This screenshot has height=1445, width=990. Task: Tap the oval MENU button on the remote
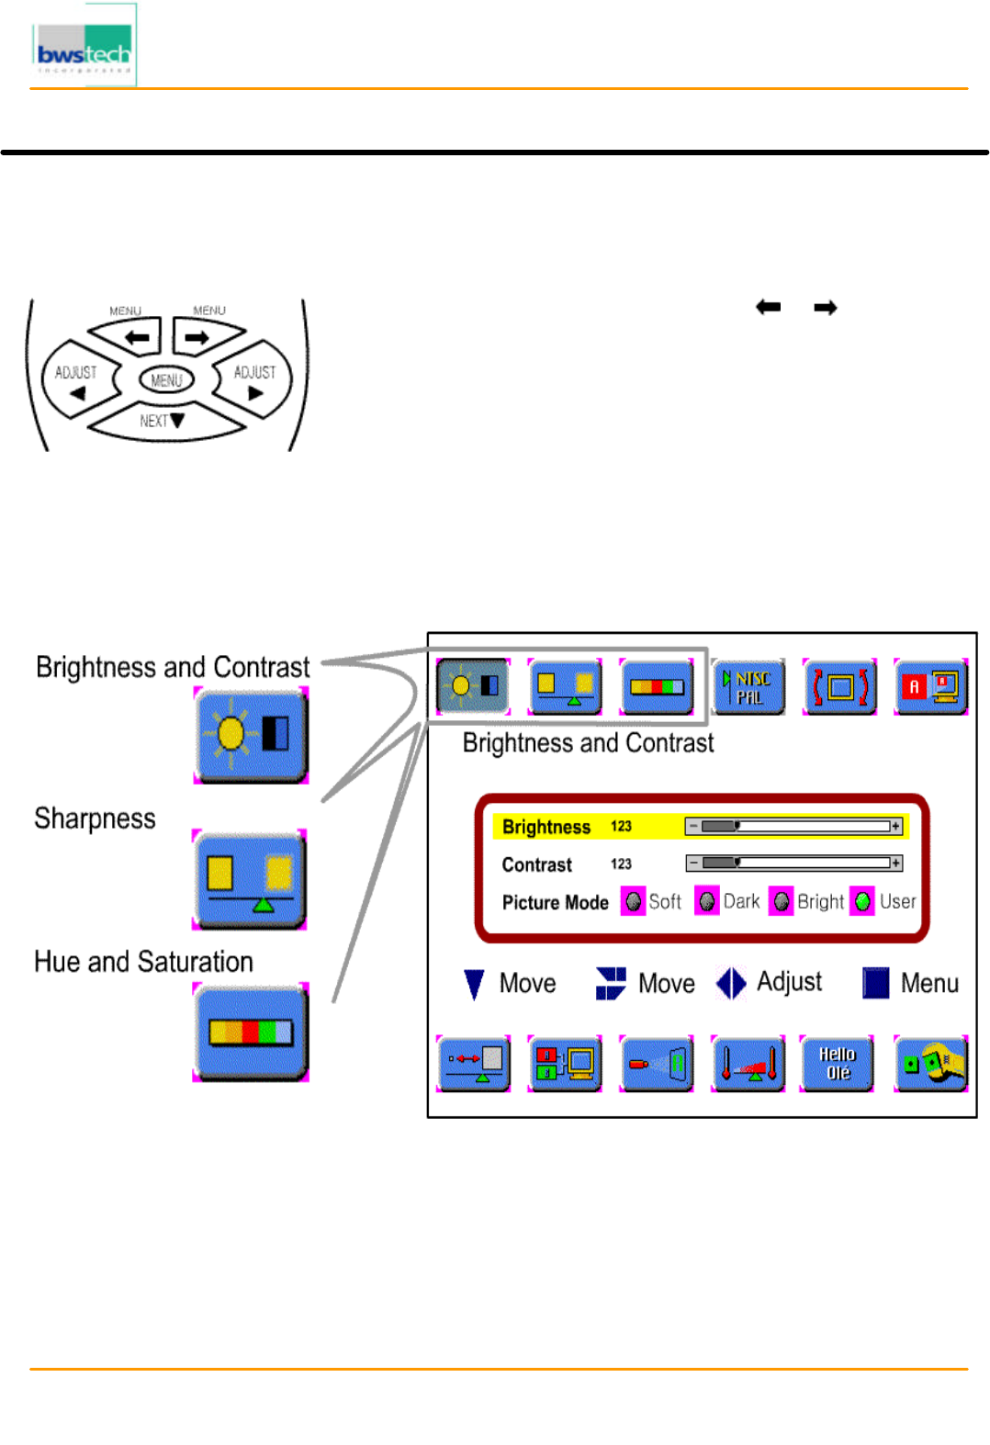166,379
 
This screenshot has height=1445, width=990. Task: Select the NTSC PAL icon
748,687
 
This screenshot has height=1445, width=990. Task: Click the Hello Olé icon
837,1064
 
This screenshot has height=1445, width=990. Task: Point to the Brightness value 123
621,827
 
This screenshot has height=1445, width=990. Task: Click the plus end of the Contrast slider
895,864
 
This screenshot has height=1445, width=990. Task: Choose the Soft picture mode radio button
633,902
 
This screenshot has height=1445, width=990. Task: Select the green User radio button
862,902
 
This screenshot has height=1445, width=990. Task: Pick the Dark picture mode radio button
706,902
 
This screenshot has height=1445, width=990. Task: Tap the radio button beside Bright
781,902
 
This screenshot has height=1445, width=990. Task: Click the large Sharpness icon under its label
249,880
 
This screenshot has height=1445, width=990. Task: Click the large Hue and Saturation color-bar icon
251,1033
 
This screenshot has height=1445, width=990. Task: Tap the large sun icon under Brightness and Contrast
251,735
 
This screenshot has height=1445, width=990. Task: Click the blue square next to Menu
875,983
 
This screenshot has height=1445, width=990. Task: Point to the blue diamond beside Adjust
731,983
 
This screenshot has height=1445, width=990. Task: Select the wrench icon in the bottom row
930,1064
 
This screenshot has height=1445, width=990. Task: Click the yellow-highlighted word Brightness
546,827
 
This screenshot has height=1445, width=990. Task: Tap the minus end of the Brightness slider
693,827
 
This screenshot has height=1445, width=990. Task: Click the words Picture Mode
555,902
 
